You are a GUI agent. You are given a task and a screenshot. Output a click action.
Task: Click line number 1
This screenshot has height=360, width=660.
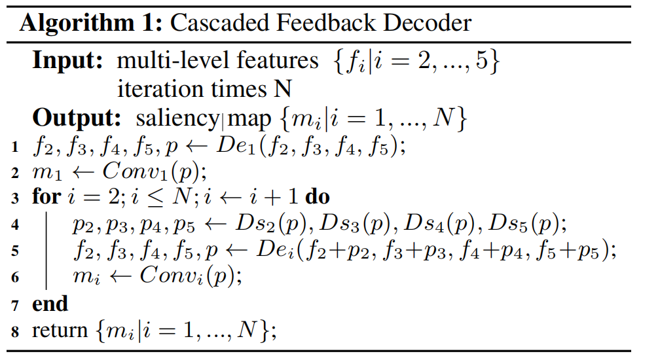(14, 147)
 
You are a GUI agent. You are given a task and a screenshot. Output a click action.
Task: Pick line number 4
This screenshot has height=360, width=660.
(14, 225)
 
